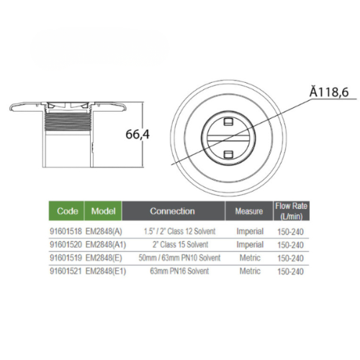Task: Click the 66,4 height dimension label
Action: click(x=138, y=135)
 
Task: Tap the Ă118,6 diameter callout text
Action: click(x=329, y=92)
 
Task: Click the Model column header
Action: click(x=103, y=211)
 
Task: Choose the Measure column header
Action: click(x=249, y=211)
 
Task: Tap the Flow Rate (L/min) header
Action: click(x=292, y=211)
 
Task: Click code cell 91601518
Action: click(x=66, y=231)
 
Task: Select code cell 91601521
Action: click(x=66, y=271)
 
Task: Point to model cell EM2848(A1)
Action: click(x=106, y=245)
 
